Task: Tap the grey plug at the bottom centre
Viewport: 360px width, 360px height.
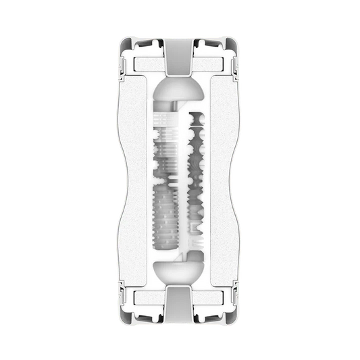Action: coord(180,308)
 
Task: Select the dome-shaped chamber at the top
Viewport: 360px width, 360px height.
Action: coord(180,94)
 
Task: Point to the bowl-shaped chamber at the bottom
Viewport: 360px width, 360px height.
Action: coord(180,270)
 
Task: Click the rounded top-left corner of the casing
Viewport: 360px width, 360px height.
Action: coord(128,43)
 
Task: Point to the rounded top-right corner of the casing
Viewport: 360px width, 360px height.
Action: coord(232,43)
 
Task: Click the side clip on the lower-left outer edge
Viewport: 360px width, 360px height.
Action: coord(124,294)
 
